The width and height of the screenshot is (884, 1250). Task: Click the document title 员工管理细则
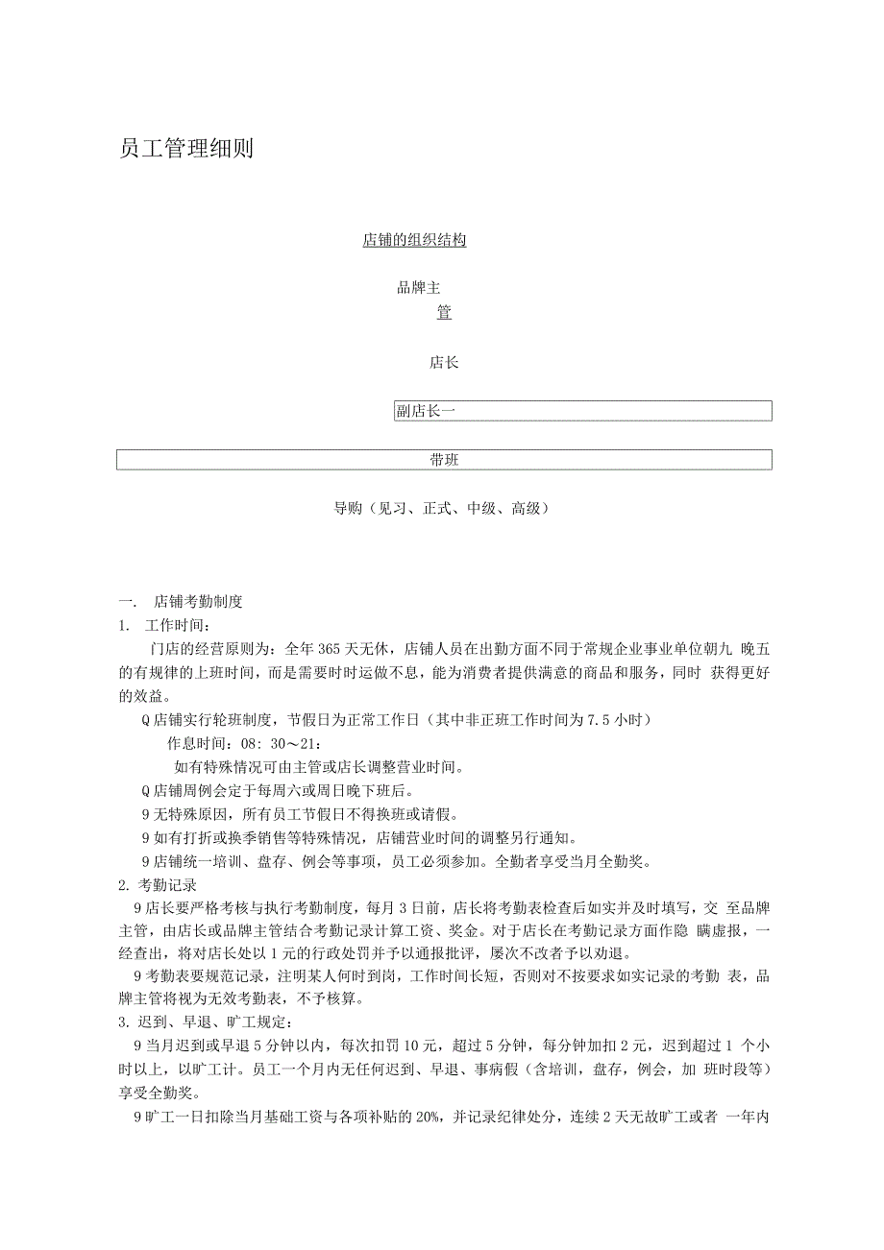point(186,149)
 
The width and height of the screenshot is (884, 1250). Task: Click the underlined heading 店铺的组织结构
point(414,240)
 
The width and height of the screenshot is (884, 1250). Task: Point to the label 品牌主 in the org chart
point(419,287)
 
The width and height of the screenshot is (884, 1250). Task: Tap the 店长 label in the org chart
point(444,363)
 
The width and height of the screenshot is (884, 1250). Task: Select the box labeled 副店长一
point(583,411)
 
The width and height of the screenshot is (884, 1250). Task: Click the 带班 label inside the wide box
point(444,460)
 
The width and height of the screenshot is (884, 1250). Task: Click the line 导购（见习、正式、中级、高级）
point(441,509)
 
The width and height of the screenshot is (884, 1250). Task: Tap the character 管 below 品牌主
point(444,313)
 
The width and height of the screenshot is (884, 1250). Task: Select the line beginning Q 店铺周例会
point(277,791)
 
